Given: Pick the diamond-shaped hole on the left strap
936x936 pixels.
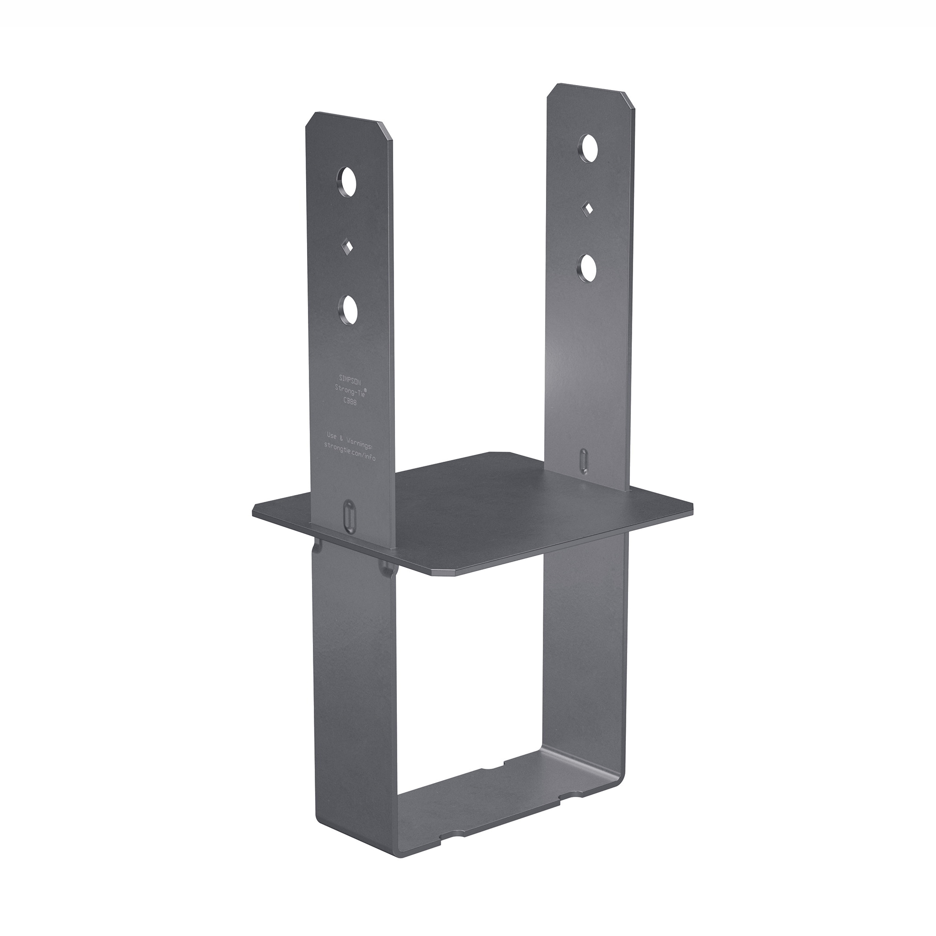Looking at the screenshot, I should [x=347, y=247].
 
